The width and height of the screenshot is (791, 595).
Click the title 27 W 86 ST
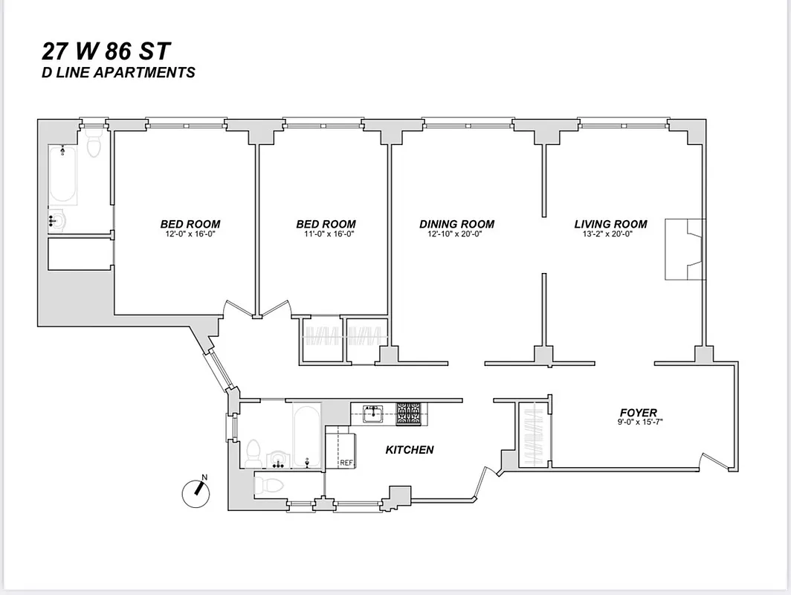click(x=106, y=52)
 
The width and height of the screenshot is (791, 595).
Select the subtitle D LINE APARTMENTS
click(x=119, y=73)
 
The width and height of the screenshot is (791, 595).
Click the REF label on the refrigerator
click(x=346, y=463)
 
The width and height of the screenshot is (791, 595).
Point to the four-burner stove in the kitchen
click(x=408, y=414)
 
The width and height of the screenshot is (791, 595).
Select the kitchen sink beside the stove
click(x=373, y=414)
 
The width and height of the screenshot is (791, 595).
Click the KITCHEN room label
click(x=409, y=450)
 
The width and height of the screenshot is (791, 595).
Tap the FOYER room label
click(x=638, y=413)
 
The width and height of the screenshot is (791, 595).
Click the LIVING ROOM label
click(x=610, y=224)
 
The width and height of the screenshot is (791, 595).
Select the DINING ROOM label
click(x=456, y=224)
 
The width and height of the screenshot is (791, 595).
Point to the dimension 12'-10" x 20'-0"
click(x=456, y=234)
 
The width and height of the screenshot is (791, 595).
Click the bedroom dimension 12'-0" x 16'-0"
click(x=190, y=234)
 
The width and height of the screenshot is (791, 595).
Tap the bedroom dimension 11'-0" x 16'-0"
click(x=326, y=234)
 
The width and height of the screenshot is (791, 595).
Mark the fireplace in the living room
click(x=684, y=249)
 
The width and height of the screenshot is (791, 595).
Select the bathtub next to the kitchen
click(x=306, y=435)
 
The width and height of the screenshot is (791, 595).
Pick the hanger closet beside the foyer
click(x=532, y=435)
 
